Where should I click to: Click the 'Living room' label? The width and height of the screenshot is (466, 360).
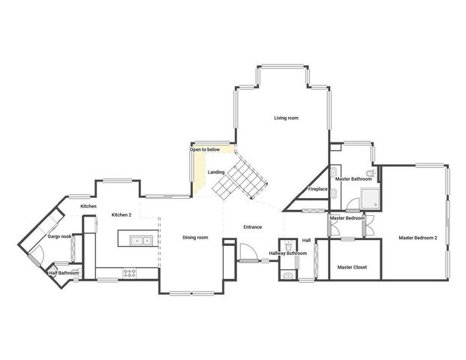(x=286, y=118)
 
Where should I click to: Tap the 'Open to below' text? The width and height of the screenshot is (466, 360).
(x=205, y=150)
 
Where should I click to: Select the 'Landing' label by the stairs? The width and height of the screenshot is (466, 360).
(x=216, y=173)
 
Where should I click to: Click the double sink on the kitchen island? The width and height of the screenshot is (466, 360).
(x=140, y=241)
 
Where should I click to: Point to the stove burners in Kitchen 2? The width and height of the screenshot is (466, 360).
(x=129, y=274)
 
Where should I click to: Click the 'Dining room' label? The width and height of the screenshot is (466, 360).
(x=195, y=238)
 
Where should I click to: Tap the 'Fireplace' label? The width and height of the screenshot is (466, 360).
(x=317, y=189)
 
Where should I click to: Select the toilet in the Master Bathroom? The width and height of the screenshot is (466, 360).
(x=370, y=173)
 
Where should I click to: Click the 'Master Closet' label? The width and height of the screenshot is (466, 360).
(x=351, y=267)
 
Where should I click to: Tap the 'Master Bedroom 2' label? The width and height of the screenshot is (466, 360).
(x=418, y=238)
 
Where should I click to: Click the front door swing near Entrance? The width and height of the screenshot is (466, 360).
(x=248, y=252)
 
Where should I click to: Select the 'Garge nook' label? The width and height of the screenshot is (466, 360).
(x=60, y=237)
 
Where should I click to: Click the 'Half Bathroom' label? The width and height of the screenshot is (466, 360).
(x=64, y=273)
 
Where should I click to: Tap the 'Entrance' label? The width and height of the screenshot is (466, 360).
(x=253, y=227)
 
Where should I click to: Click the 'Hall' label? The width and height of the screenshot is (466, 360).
(x=306, y=240)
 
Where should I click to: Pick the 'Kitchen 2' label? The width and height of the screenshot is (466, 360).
(x=122, y=215)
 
